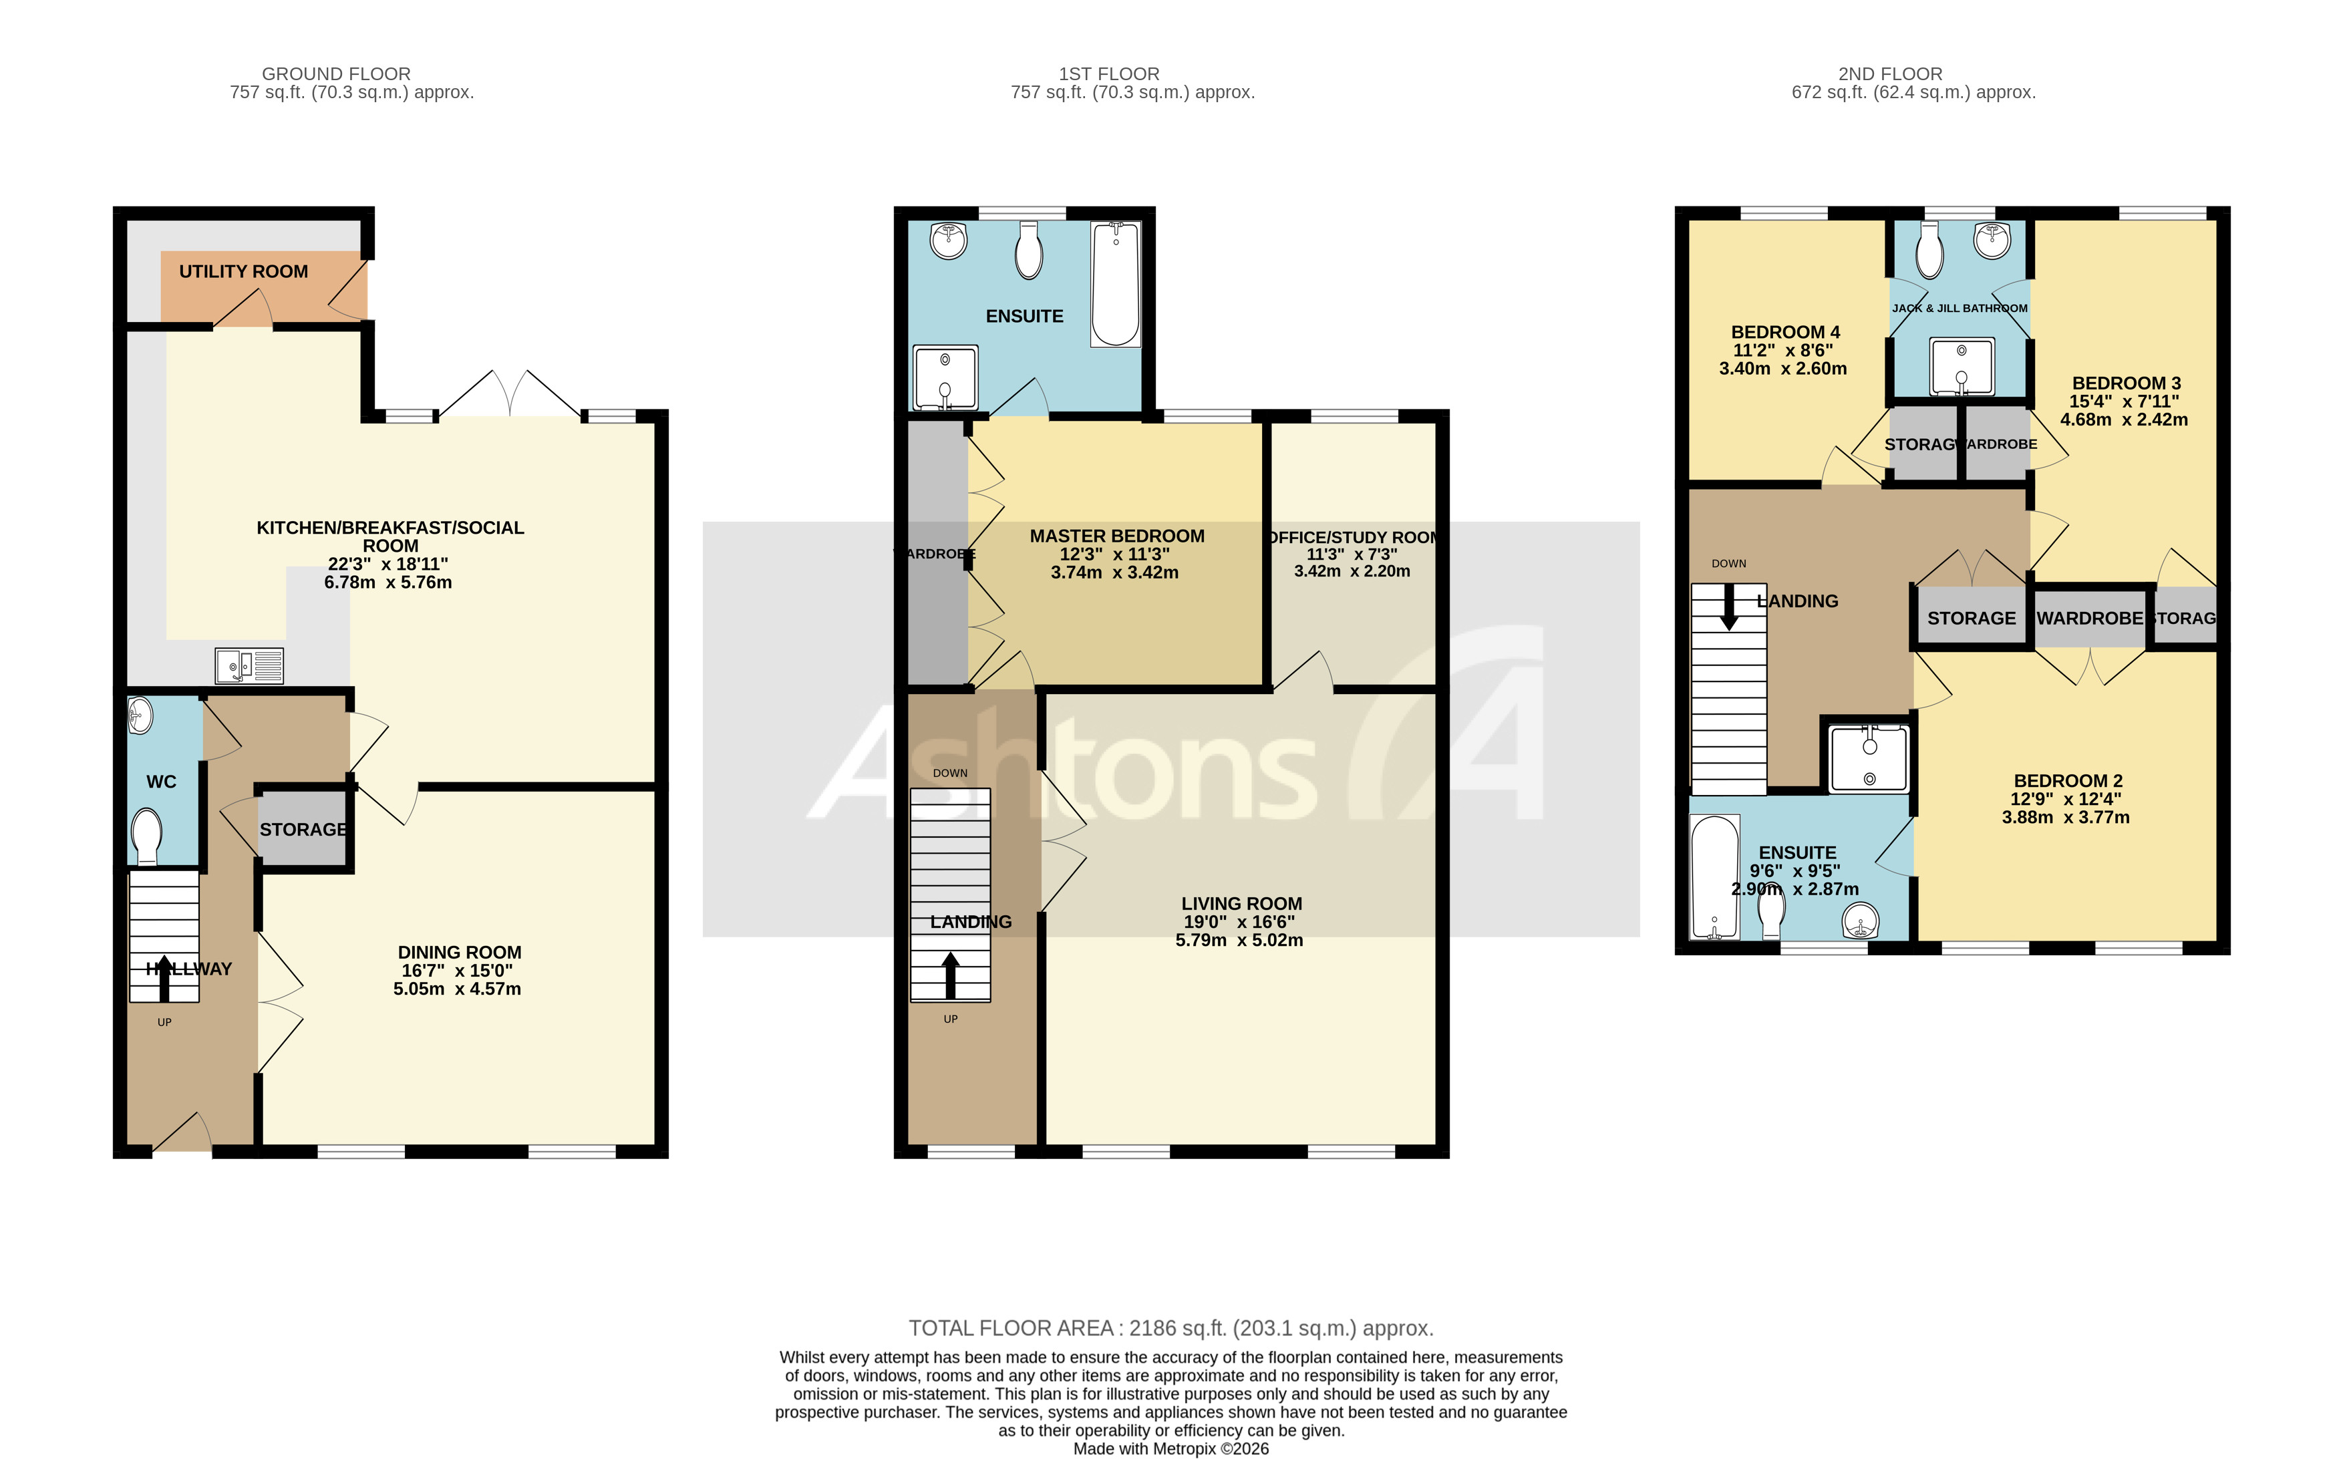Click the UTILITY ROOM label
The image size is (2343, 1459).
point(243,272)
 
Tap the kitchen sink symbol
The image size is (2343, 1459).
point(249,666)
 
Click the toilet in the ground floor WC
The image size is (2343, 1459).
point(147,836)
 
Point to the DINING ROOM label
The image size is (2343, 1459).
point(460,953)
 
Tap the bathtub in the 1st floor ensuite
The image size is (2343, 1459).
point(1116,284)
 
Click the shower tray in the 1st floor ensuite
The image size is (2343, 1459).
point(945,377)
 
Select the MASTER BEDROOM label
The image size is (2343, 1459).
point(1116,536)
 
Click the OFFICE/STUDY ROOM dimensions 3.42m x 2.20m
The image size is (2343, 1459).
point(1352,571)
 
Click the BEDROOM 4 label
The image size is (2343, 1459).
point(1785,332)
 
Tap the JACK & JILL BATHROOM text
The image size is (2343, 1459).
point(1960,309)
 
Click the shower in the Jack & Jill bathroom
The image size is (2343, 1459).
point(1961,367)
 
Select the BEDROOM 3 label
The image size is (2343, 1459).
point(2126,383)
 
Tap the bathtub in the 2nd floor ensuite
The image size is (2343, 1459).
point(1715,877)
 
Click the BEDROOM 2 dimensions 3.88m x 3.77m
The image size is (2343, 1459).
point(2065,817)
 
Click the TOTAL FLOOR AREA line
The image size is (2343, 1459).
point(1170,1329)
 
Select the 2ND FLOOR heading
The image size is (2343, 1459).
point(1889,74)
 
